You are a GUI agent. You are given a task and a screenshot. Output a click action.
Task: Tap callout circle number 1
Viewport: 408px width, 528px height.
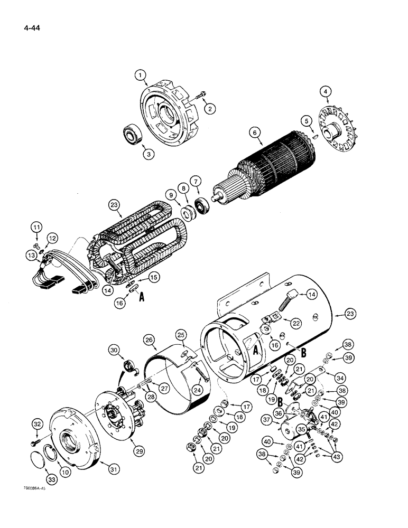tap(141, 76)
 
